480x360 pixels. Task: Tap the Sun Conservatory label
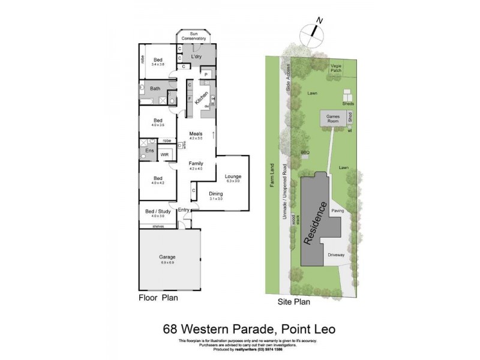194,36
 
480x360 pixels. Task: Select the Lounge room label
232,176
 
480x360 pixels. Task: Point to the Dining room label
216,194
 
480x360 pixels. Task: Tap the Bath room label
155,89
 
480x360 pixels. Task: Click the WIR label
164,155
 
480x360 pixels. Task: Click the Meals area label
196,134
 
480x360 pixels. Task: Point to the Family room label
196,164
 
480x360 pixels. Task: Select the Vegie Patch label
335,71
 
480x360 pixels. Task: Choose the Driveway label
336,255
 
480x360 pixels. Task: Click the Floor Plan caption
158,297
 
